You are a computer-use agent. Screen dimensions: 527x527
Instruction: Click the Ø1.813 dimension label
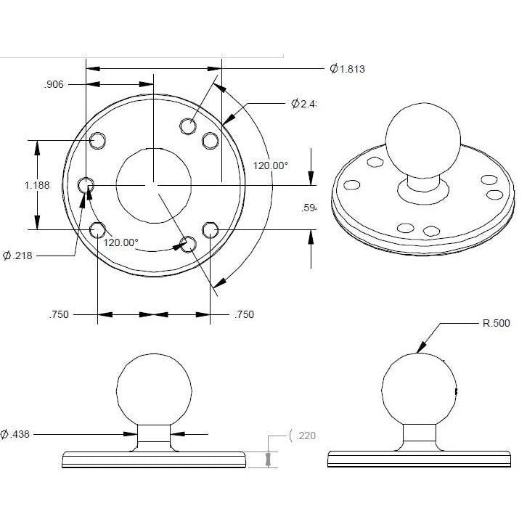[347, 69]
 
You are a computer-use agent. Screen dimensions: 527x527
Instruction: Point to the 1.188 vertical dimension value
[37, 185]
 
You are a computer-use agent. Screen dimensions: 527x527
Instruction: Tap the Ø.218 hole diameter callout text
[21, 255]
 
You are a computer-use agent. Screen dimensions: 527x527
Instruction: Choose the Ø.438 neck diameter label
[17, 434]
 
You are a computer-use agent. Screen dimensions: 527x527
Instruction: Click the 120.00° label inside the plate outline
[120, 242]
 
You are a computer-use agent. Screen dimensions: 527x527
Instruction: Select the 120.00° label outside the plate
[270, 166]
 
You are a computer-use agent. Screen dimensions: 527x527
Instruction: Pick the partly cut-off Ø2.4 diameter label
[303, 104]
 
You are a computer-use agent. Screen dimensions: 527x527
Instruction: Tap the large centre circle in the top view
[152, 185]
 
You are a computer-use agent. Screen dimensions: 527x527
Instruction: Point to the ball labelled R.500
[419, 390]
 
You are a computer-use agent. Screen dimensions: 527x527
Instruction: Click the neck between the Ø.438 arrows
[155, 435]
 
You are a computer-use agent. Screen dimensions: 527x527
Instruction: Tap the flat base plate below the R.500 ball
[419, 459]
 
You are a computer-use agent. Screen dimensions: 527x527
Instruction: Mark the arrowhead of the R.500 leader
[420, 351]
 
